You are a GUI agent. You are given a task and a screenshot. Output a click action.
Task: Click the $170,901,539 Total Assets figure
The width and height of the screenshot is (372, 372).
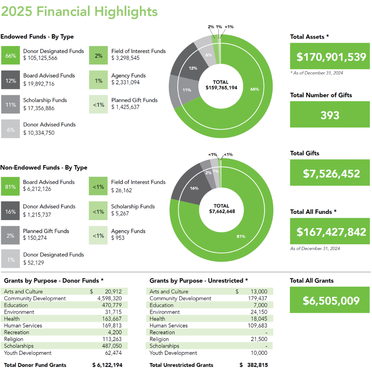coord(331,56)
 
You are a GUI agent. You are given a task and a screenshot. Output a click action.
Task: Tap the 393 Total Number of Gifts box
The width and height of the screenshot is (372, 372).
coord(330,115)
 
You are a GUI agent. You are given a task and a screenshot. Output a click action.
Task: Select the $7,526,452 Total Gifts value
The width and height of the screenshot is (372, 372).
coord(331,174)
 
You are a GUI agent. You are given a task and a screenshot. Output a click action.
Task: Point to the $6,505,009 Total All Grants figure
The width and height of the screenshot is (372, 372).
coord(331,301)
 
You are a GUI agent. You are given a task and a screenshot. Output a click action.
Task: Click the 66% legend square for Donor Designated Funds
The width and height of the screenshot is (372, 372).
coord(10,55)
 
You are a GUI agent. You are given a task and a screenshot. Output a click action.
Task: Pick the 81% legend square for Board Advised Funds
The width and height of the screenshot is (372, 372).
coord(10,187)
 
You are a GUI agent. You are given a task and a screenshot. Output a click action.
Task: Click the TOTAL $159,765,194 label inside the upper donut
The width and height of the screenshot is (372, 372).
coord(221,85)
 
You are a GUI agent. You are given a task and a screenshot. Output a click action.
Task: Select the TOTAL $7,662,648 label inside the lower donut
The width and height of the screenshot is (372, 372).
coord(222,209)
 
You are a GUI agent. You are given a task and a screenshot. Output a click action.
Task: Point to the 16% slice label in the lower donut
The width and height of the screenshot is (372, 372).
coord(194,188)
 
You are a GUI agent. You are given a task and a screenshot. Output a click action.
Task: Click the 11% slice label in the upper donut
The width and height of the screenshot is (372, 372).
coord(186,90)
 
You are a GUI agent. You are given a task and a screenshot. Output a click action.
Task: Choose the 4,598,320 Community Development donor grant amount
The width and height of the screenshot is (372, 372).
coord(109,298)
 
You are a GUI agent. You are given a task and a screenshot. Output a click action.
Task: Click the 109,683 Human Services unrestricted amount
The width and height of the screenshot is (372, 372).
coord(258,325)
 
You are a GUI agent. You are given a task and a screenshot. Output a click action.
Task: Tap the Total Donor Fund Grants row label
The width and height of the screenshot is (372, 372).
coord(35,365)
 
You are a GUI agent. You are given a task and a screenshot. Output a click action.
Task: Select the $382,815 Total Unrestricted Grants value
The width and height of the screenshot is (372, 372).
coord(254,365)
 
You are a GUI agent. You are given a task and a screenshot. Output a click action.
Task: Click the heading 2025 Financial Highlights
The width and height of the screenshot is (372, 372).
coord(79,12)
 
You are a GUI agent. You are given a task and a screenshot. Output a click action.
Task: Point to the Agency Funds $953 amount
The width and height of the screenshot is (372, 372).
coord(116,238)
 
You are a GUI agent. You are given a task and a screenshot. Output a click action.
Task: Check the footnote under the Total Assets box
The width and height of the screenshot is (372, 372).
coord(317,73)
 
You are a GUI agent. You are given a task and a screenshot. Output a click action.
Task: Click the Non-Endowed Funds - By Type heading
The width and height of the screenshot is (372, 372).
coord(44,168)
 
